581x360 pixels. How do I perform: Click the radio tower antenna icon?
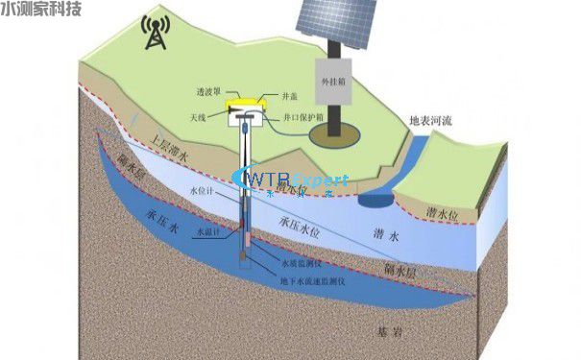tap(154, 33)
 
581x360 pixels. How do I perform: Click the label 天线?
tap(199, 116)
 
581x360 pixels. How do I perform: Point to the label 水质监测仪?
tap(301, 261)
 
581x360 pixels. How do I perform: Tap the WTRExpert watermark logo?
tap(293, 180)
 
